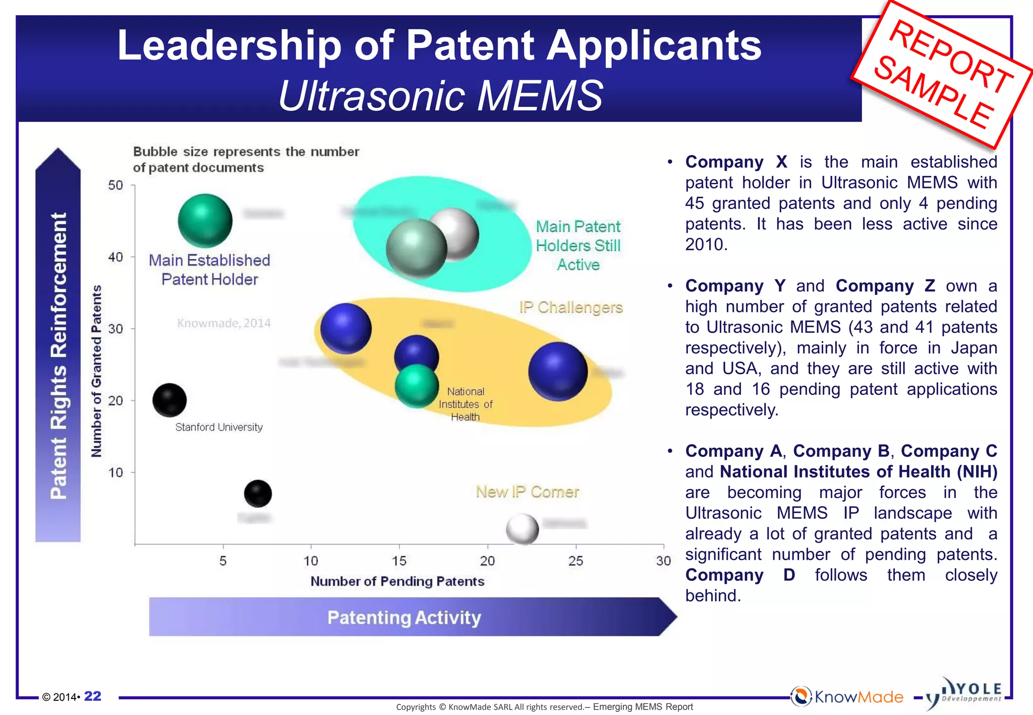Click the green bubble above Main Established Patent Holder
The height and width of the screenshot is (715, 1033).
click(x=205, y=221)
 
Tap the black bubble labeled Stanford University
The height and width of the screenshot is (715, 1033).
click(x=169, y=400)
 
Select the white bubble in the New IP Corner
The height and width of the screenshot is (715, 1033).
click(x=522, y=529)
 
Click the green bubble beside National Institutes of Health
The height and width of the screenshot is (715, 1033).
click(x=417, y=386)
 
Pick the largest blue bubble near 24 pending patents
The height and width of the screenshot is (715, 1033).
click(x=558, y=372)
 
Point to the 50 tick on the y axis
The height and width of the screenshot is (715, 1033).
click(x=116, y=186)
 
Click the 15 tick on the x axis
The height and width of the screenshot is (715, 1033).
click(x=399, y=561)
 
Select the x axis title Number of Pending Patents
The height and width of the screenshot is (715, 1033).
click(x=397, y=581)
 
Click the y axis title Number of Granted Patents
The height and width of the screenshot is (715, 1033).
click(x=96, y=371)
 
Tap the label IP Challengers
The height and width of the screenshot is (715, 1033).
click(x=571, y=307)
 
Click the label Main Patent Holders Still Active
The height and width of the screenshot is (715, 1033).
click(x=578, y=246)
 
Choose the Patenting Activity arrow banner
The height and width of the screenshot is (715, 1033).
click(x=404, y=617)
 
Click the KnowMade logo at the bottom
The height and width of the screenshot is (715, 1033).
click(x=847, y=697)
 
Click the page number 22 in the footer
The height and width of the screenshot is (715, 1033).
click(x=92, y=696)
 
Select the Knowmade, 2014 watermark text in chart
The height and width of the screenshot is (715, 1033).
click(x=224, y=323)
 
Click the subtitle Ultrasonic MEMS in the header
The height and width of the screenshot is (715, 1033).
click(x=440, y=95)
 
